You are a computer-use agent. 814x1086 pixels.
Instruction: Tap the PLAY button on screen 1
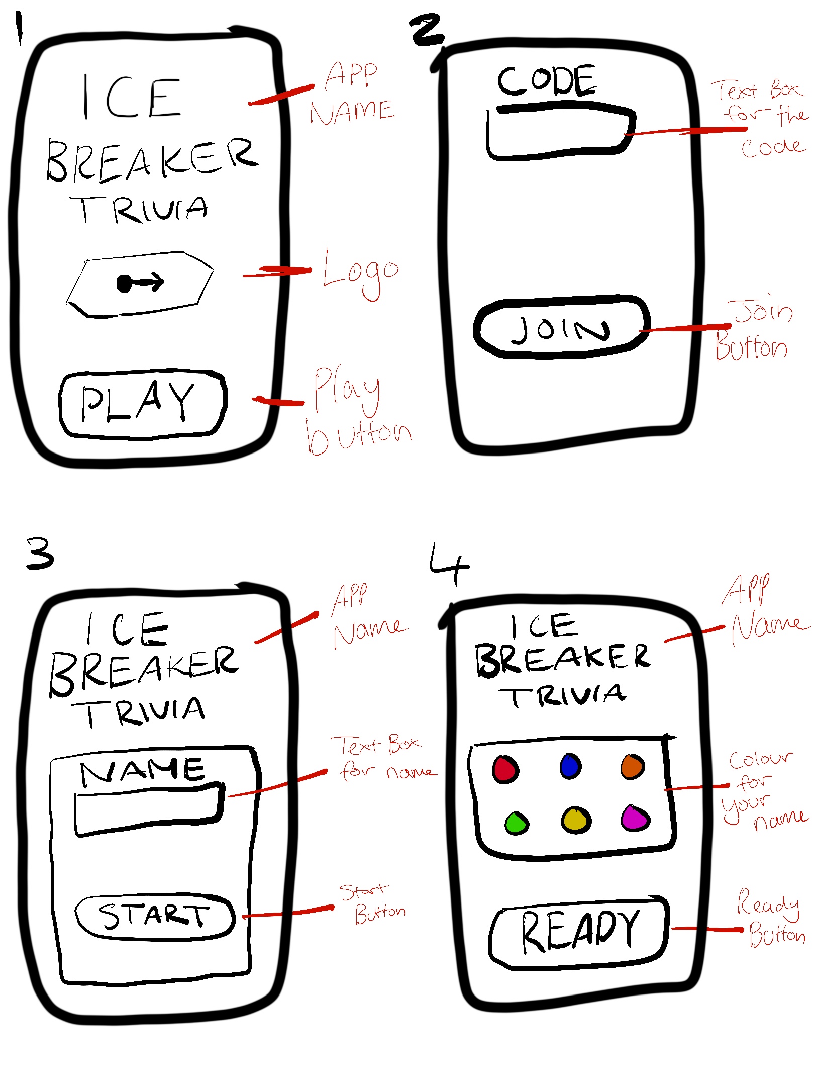(x=143, y=404)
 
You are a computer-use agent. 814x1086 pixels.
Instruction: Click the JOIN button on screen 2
(x=561, y=327)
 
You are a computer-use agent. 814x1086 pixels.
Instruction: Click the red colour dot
(x=505, y=770)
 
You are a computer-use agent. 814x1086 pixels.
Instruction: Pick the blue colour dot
(x=570, y=766)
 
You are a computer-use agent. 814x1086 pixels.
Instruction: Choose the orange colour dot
(x=633, y=767)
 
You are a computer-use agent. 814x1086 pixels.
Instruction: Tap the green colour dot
(x=517, y=823)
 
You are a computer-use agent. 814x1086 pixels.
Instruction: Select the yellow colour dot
(x=576, y=820)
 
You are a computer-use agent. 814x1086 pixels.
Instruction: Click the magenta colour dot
(x=635, y=818)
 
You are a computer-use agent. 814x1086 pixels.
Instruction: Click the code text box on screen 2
(x=560, y=132)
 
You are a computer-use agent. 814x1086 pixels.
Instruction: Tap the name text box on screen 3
(x=149, y=809)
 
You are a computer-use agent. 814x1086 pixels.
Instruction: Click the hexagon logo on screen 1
(x=140, y=284)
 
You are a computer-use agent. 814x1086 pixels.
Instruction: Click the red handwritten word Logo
(x=361, y=274)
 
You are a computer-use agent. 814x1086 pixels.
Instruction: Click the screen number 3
(x=40, y=553)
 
